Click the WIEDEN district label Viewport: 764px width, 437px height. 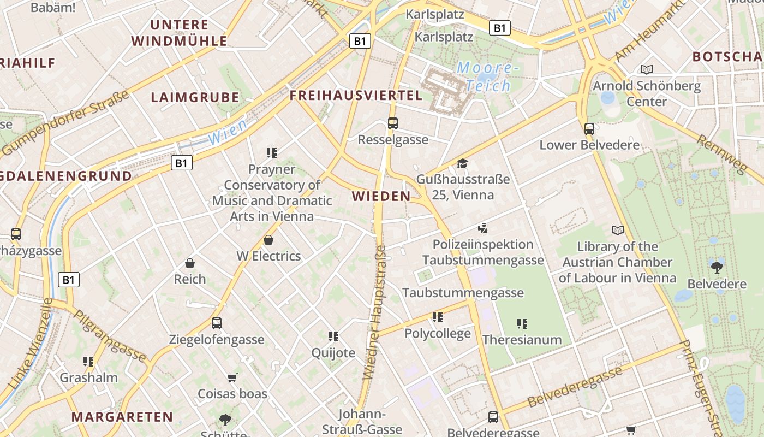click(381, 196)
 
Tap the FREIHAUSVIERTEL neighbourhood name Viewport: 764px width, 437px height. click(356, 96)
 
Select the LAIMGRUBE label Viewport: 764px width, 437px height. click(195, 98)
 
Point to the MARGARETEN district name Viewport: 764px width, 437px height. click(122, 417)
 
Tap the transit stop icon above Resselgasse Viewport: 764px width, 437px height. click(393, 123)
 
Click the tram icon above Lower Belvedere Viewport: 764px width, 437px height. click(589, 129)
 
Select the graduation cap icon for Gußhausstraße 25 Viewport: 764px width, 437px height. click(463, 163)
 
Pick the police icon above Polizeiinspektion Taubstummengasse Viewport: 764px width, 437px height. click(482, 228)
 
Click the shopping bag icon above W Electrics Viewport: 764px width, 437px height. click(268, 240)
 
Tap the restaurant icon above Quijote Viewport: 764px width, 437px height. click(333, 336)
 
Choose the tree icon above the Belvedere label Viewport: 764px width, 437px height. click(717, 267)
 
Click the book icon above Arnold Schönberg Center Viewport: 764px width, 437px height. click(647, 69)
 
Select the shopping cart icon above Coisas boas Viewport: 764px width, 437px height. click(232, 377)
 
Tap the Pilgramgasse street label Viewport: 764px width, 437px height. click(110, 336)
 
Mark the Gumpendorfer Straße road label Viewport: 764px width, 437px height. click(66, 122)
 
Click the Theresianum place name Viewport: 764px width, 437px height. click(522, 340)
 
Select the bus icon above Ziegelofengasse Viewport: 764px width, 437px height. click(217, 323)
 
